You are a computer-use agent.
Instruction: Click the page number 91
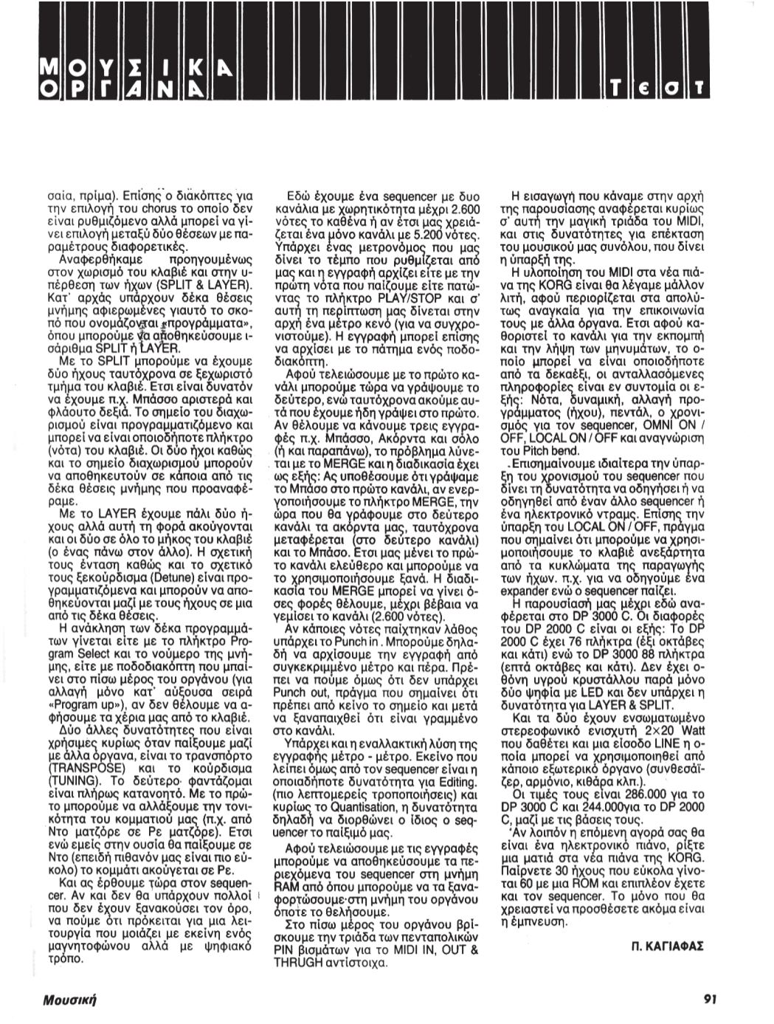pos(710,998)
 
